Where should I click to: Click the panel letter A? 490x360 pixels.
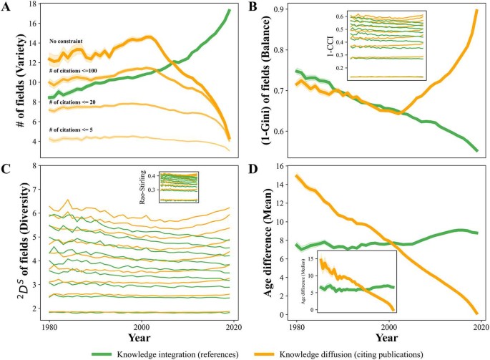[6, 6]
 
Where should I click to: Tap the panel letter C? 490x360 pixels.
[6, 170]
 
